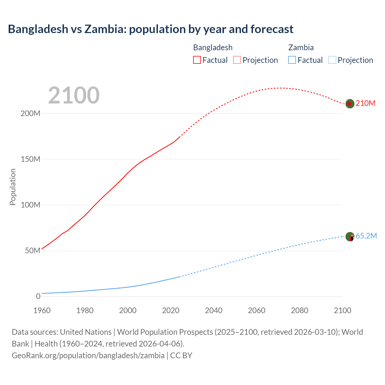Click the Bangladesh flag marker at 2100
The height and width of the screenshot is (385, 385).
pyautogui.click(x=350, y=104)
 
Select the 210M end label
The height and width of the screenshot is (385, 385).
pyautogui.click(x=365, y=103)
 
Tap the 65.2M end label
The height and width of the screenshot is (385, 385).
pyautogui.click(x=366, y=236)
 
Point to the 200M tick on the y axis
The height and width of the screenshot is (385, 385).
pyautogui.click(x=30, y=114)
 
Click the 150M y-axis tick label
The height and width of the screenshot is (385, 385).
pyautogui.click(x=30, y=159)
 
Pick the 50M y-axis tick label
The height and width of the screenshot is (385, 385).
pyautogui.click(x=32, y=251)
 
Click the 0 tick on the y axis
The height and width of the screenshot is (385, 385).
pyautogui.click(x=38, y=297)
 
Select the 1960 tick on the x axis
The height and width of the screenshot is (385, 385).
pyautogui.click(x=42, y=310)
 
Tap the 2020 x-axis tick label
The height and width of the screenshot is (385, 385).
pyautogui.click(x=171, y=310)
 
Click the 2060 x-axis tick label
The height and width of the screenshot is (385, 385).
pyautogui.click(x=257, y=310)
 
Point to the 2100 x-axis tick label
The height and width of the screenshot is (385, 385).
pyautogui.click(x=343, y=310)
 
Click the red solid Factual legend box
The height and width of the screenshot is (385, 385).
pyautogui.click(x=197, y=60)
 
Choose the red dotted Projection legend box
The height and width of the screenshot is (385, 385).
pyautogui.click(x=237, y=60)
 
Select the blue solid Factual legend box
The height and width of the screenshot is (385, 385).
pyautogui.click(x=292, y=60)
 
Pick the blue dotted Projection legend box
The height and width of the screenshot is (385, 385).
pyautogui.click(x=332, y=60)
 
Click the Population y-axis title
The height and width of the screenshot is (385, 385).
pyautogui.click(x=13, y=187)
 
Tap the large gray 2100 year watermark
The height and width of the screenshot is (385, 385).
pyautogui.click(x=74, y=95)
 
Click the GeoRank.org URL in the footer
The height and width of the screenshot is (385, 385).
pyautogui.click(x=88, y=356)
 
